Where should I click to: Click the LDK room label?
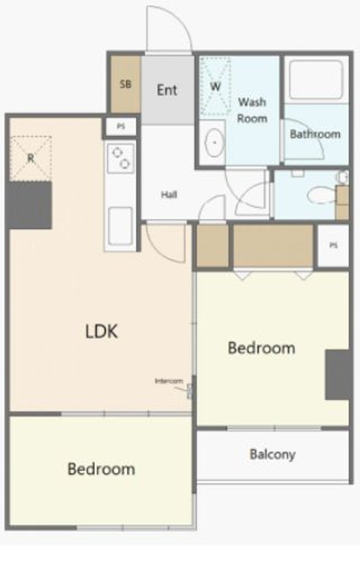101,332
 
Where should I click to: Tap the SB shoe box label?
125,85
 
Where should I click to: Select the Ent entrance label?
167,90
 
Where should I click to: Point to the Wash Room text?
252,110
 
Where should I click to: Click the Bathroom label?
315,134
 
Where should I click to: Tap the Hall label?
169,194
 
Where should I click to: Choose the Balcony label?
272,454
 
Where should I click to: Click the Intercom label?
169,381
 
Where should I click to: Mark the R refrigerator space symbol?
31,158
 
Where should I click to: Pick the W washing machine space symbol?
215,86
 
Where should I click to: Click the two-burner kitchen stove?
121,158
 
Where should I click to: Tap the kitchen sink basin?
121,226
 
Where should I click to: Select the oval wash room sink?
214,142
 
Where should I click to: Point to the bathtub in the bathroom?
316,80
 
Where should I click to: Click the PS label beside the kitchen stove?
121,127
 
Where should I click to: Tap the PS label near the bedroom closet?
334,245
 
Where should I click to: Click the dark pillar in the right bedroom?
337,375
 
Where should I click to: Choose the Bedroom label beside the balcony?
262,348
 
